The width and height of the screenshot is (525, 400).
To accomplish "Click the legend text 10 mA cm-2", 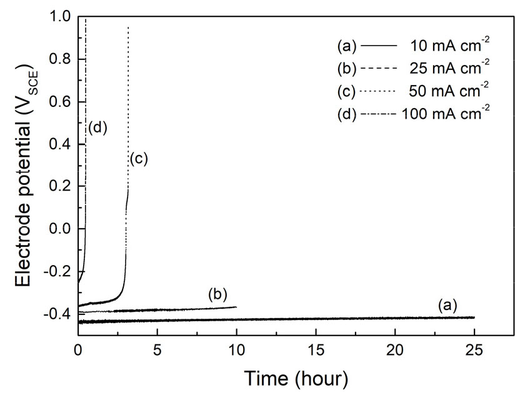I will pyautogui.click(x=448, y=46).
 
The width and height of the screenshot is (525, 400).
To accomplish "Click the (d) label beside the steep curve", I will pyautogui.click(x=98, y=128).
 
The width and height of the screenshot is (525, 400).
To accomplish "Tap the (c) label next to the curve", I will pyautogui.click(x=138, y=159).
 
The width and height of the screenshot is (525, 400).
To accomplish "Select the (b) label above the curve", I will pyautogui.click(x=217, y=294).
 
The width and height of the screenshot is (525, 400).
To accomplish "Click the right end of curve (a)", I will pyautogui.click(x=474, y=317).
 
